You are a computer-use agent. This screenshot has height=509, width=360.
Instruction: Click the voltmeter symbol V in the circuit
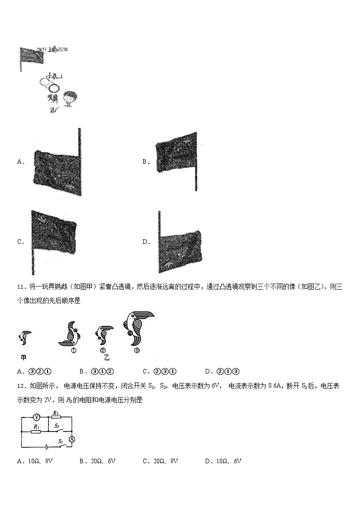click(x=38, y=417)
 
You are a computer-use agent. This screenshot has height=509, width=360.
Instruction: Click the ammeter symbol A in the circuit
click(x=71, y=439)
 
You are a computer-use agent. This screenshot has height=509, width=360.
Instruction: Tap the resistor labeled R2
click(x=55, y=417)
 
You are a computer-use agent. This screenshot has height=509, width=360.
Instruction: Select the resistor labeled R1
click(x=36, y=432)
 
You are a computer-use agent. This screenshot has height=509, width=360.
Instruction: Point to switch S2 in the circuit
click(x=58, y=430)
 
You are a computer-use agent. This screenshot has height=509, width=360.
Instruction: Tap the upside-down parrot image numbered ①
click(x=72, y=334)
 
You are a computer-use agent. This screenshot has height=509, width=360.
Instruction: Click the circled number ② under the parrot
click(x=103, y=350)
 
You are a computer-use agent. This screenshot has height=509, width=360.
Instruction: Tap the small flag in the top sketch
click(x=31, y=55)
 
